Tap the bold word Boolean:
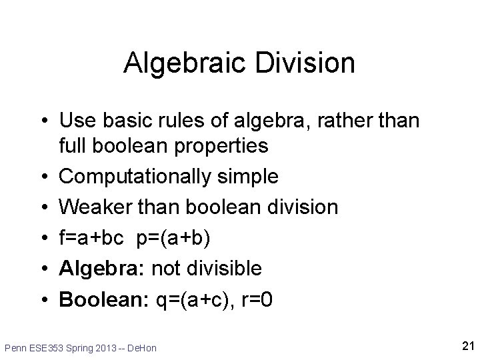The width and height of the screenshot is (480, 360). (103, 299)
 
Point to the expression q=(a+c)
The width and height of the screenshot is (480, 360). (191, 300)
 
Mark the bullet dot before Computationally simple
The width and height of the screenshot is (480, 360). (43, 177)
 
